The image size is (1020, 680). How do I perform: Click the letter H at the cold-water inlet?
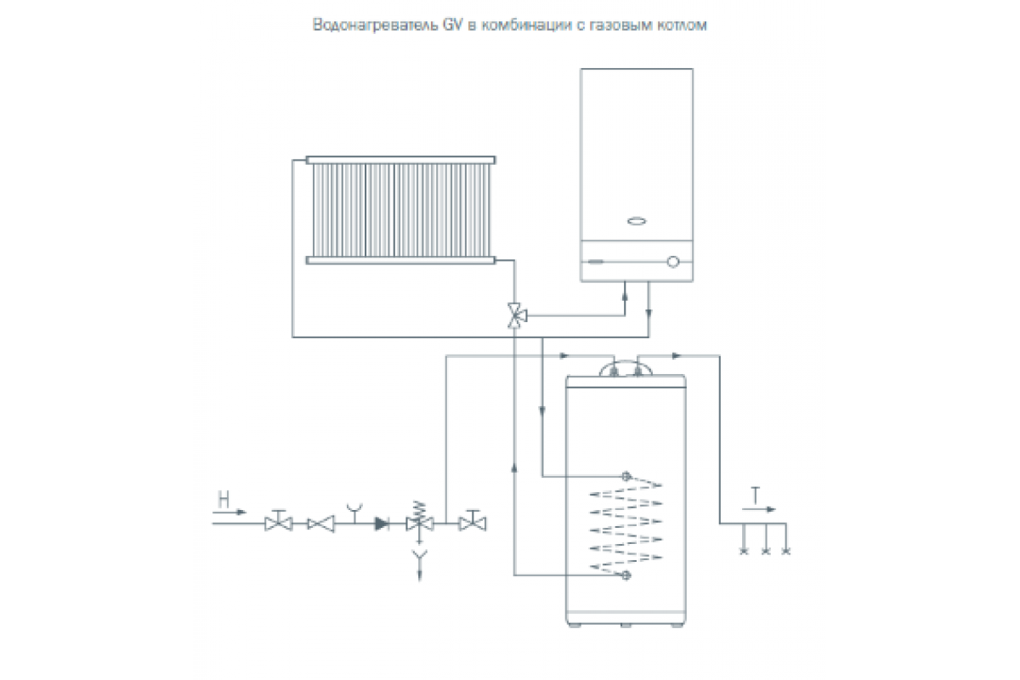[x=224, y=499]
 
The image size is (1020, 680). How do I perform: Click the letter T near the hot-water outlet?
[x=756, y=496]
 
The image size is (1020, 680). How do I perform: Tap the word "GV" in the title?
[x=452, y=25]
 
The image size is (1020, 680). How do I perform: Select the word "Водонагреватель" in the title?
[x=375, y=25]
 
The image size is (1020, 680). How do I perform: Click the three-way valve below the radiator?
[x=516, y=315]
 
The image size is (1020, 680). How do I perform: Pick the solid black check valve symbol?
[x=382, y=524]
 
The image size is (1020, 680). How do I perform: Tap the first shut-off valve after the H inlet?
[x=278, y=521]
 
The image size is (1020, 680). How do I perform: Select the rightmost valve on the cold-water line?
[x=473, y=521]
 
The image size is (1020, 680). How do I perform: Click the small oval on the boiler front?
[x=637, y=221]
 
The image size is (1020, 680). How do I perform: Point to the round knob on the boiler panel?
[x=673, y=262]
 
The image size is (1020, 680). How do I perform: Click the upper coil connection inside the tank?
[x=626, y=477]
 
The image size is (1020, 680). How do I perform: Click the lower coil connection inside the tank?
[x=626, y=575]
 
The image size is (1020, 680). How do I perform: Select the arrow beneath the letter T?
[x=758, y=509]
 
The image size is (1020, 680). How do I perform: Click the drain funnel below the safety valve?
[x=419, y=555]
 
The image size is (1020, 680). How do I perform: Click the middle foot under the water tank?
[x=626, y=626]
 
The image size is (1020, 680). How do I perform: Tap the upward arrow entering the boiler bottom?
[x=625, y=295]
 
